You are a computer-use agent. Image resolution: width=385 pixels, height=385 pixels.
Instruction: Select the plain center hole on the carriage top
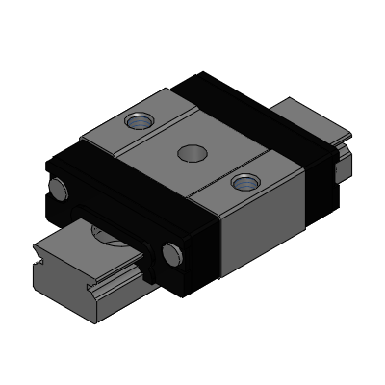click(189, 151)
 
